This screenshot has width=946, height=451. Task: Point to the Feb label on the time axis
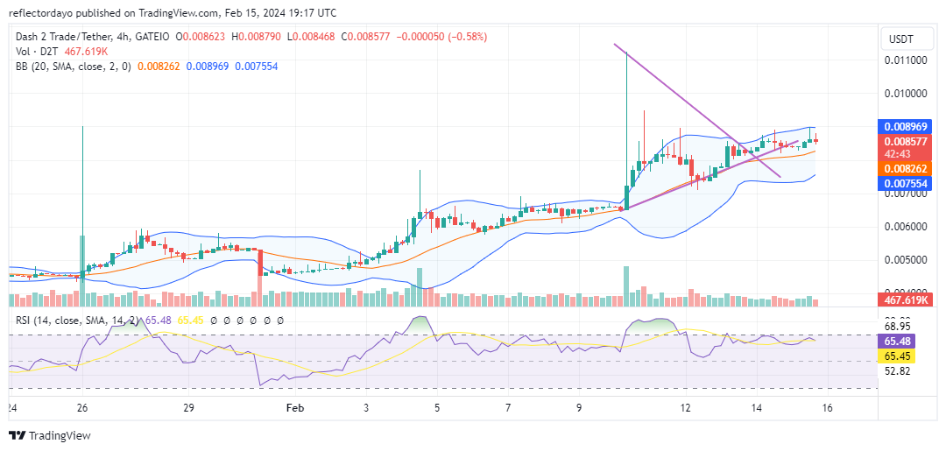pyautogui.click(x=295, y=408)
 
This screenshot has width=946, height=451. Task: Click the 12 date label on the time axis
pyautogui.click(x=686, y=408)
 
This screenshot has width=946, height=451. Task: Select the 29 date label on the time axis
pyautogui.click(x=188, y=408)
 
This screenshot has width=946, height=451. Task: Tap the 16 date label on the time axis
pyautogui.click(x=827, y=408)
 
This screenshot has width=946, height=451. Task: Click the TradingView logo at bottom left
pyautogui.click(x=50, y=435)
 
